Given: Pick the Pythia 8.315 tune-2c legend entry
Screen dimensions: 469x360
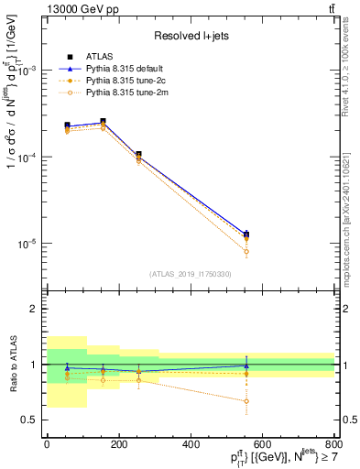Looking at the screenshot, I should tap(116, 80).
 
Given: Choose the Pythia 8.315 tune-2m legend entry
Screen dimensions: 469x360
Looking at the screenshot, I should tap(117, 92).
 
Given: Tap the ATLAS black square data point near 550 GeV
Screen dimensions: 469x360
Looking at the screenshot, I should tap(245, 234).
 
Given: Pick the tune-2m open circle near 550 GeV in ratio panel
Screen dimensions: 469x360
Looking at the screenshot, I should tap(245, 401).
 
